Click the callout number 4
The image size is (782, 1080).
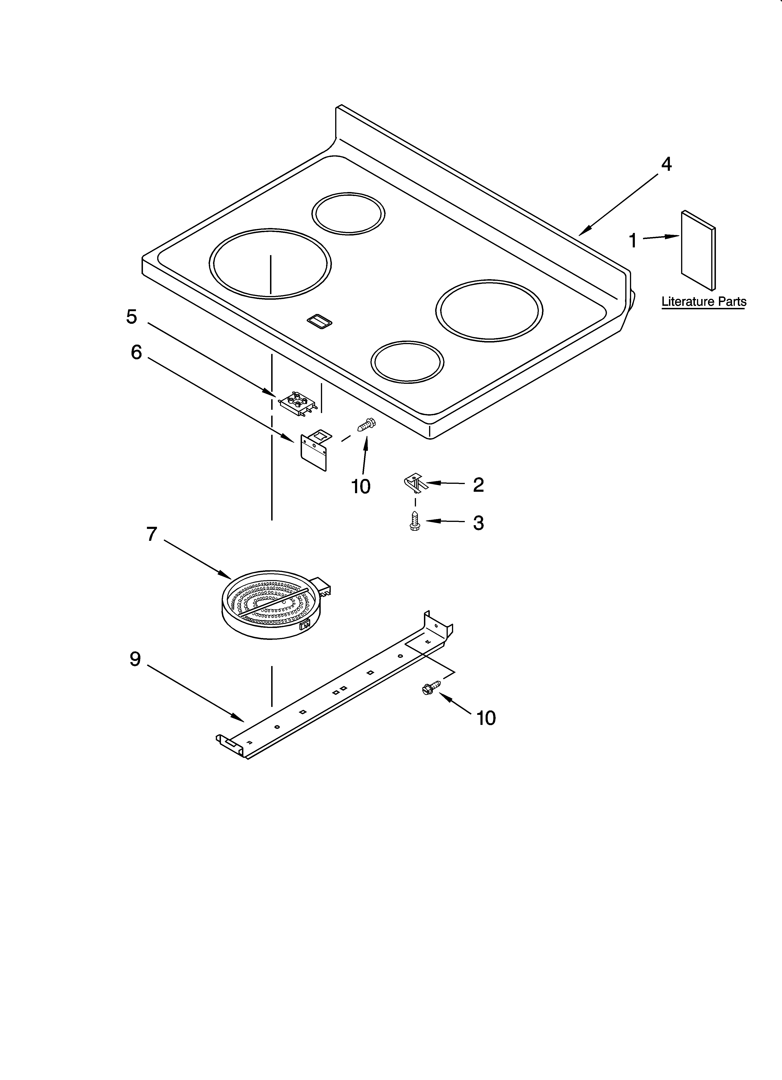tap(666, 164)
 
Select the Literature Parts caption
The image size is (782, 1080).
tap(704, 301)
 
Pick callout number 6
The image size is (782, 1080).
tap(136, 352)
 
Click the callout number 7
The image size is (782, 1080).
tap(151, 534)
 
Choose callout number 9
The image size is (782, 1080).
tap(135, 659)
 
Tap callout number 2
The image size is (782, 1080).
tap(478, 485)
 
